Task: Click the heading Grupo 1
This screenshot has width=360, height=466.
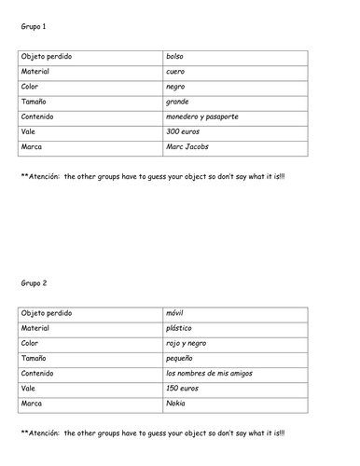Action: tap(33, 28)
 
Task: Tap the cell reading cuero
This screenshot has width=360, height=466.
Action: tap(175, 71)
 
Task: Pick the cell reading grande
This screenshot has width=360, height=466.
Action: tap(177, 102)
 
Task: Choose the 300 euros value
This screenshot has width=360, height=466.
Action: tap(182, 131)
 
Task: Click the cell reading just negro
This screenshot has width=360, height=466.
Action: tap(175, 86)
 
